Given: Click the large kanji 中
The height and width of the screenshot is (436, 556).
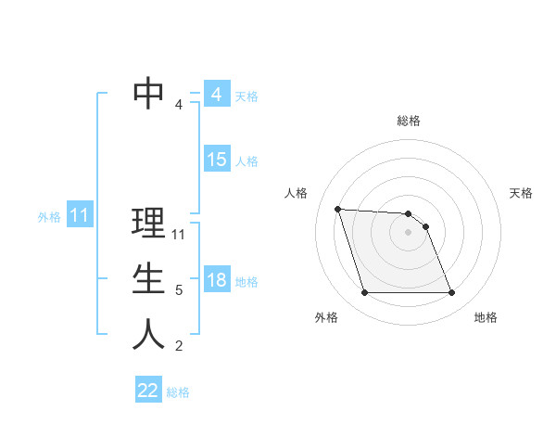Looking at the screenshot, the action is tap(149, 94).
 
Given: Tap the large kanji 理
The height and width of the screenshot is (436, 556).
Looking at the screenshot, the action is tap(149, 223).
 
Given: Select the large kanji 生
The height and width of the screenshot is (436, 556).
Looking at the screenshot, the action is tap(149, 279).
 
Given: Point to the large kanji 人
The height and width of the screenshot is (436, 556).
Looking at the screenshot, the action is tap(149, 335).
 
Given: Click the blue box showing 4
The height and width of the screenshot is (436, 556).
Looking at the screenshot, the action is tap(216, 95).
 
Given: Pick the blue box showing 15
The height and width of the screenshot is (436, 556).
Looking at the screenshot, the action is tap(216, 160).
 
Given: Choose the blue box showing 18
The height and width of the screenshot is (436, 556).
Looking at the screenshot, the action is tap(216, 280).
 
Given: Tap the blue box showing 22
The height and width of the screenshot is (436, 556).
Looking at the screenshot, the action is tap(148, 391).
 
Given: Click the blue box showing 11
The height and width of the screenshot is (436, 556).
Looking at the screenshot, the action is tap(79, 216).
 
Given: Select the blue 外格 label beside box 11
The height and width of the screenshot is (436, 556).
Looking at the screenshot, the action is tap(49, 217).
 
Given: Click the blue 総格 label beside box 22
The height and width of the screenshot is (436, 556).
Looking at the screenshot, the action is tap(178, 392).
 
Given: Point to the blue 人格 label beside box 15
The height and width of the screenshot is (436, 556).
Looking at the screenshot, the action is tap(246, 161).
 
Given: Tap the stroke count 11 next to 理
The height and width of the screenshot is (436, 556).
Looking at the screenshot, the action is tap(180, 235).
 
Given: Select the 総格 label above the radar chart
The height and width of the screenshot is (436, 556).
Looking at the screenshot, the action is tap(409, 121).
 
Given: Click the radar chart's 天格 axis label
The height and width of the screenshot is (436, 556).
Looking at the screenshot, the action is tap(521, 193).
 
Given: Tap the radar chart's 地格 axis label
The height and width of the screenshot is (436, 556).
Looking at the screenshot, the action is tap(486, 317).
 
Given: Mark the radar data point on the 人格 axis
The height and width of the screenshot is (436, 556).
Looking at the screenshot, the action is tap(338, 210).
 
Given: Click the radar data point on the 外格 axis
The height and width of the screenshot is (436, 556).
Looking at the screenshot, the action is tap(364, 293).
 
